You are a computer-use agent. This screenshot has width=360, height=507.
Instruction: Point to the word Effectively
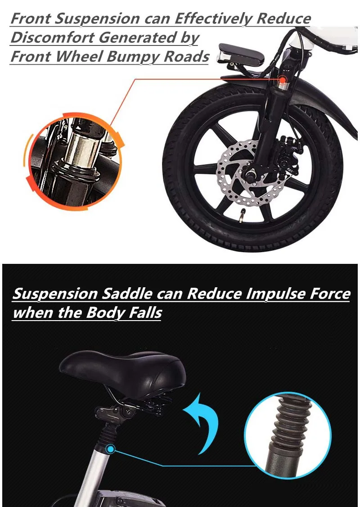213,19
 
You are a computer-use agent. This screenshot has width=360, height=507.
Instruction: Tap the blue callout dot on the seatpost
111,449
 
